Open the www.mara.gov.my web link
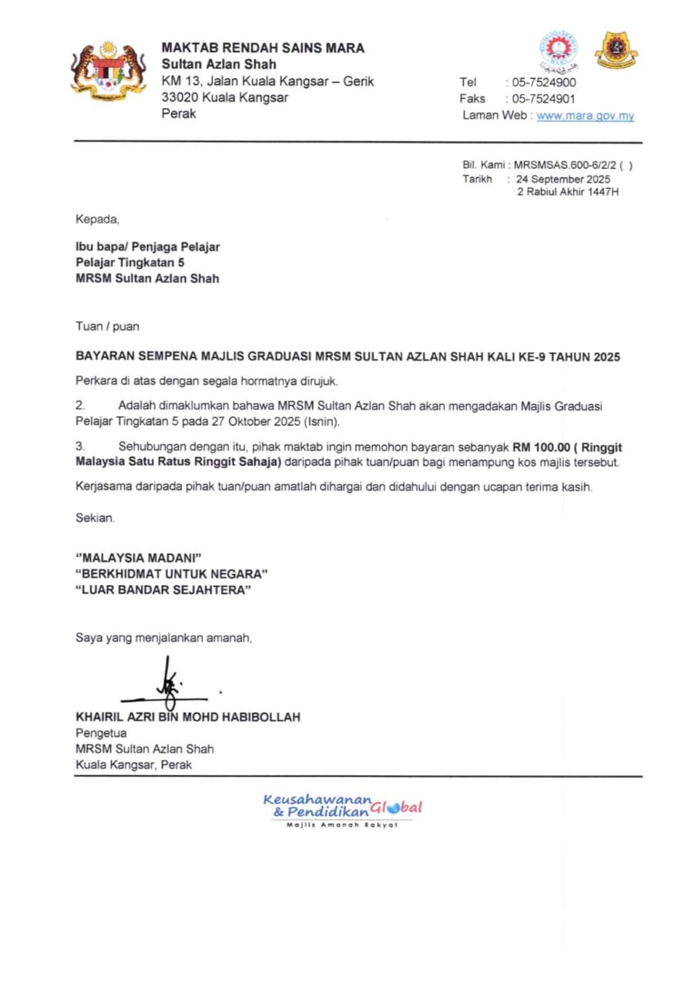(x=585, y=116)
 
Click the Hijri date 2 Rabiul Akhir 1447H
(x=567, y=191)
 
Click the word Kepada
(x=98, y=220)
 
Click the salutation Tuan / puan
(x=107, y=326)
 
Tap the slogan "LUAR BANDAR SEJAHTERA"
(x=163, y=590)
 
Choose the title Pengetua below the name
(x=101, y=733)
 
